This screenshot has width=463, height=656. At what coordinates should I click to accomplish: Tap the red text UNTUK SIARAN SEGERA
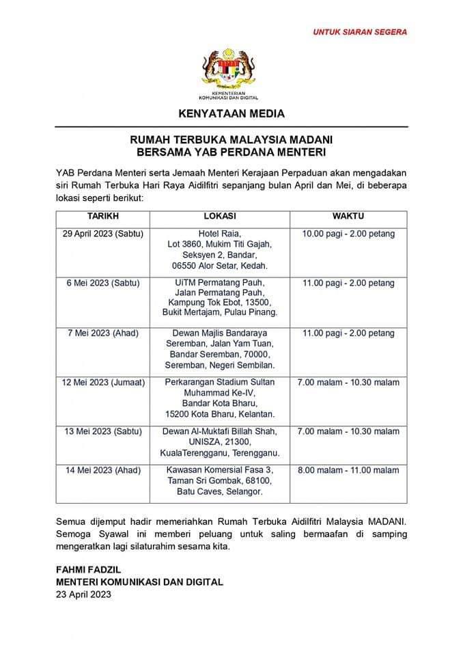pos(360,31)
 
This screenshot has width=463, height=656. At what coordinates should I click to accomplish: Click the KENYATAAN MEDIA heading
pos(231,113)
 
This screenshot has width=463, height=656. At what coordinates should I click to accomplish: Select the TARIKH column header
pos(103,216)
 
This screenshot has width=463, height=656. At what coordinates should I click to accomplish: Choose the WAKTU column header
pos(348,216)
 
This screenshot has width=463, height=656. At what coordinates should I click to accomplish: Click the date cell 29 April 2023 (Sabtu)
pos(103,234)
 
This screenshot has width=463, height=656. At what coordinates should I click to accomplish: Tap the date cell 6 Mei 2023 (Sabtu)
pos(103,282)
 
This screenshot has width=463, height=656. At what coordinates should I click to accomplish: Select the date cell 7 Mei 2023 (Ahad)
pos(103,333)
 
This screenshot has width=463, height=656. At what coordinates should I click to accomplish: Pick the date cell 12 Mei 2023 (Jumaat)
pos(103,383)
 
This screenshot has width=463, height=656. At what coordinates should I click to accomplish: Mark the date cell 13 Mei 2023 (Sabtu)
pos(103,431)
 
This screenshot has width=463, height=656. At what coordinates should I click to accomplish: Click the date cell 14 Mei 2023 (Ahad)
pos(103,470)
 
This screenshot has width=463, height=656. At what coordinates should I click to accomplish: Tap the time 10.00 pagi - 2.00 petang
pos(348,234)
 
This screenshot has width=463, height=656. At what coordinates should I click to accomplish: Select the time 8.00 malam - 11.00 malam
pos(348,470)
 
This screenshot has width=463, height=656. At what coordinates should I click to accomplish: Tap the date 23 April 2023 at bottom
pos(83,594)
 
